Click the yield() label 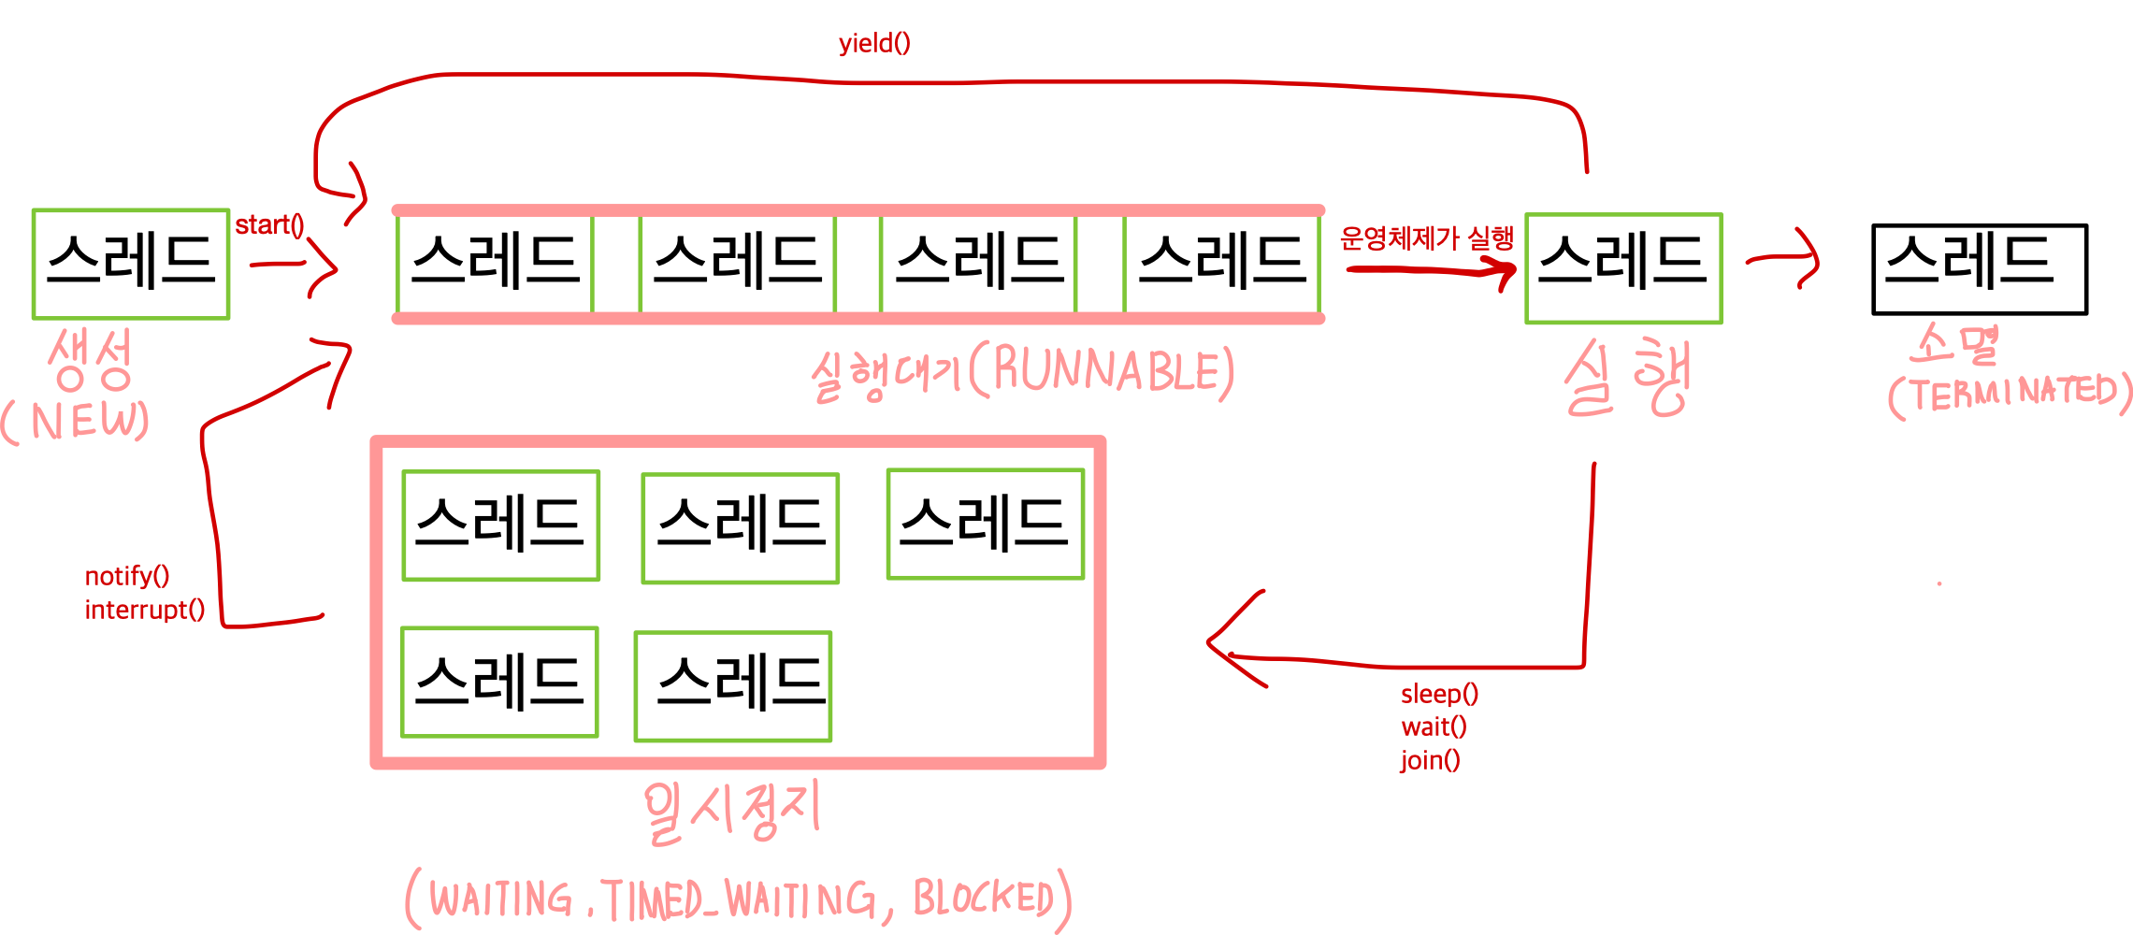(x=873, y=44)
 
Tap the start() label (x=269, y=225)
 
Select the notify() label (x=127, y=576)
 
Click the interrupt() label (x=144, y=610)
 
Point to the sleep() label (x=1439, y=694)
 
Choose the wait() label (x=1433, y=726)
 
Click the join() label (x=1429, y=759)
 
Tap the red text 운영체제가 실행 (x=1425, y=239)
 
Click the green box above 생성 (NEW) (x=131, y=265)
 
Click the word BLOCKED (x=984, y=899)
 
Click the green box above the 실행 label (x=1623, y=269)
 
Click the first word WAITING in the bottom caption (x=500, y=899)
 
